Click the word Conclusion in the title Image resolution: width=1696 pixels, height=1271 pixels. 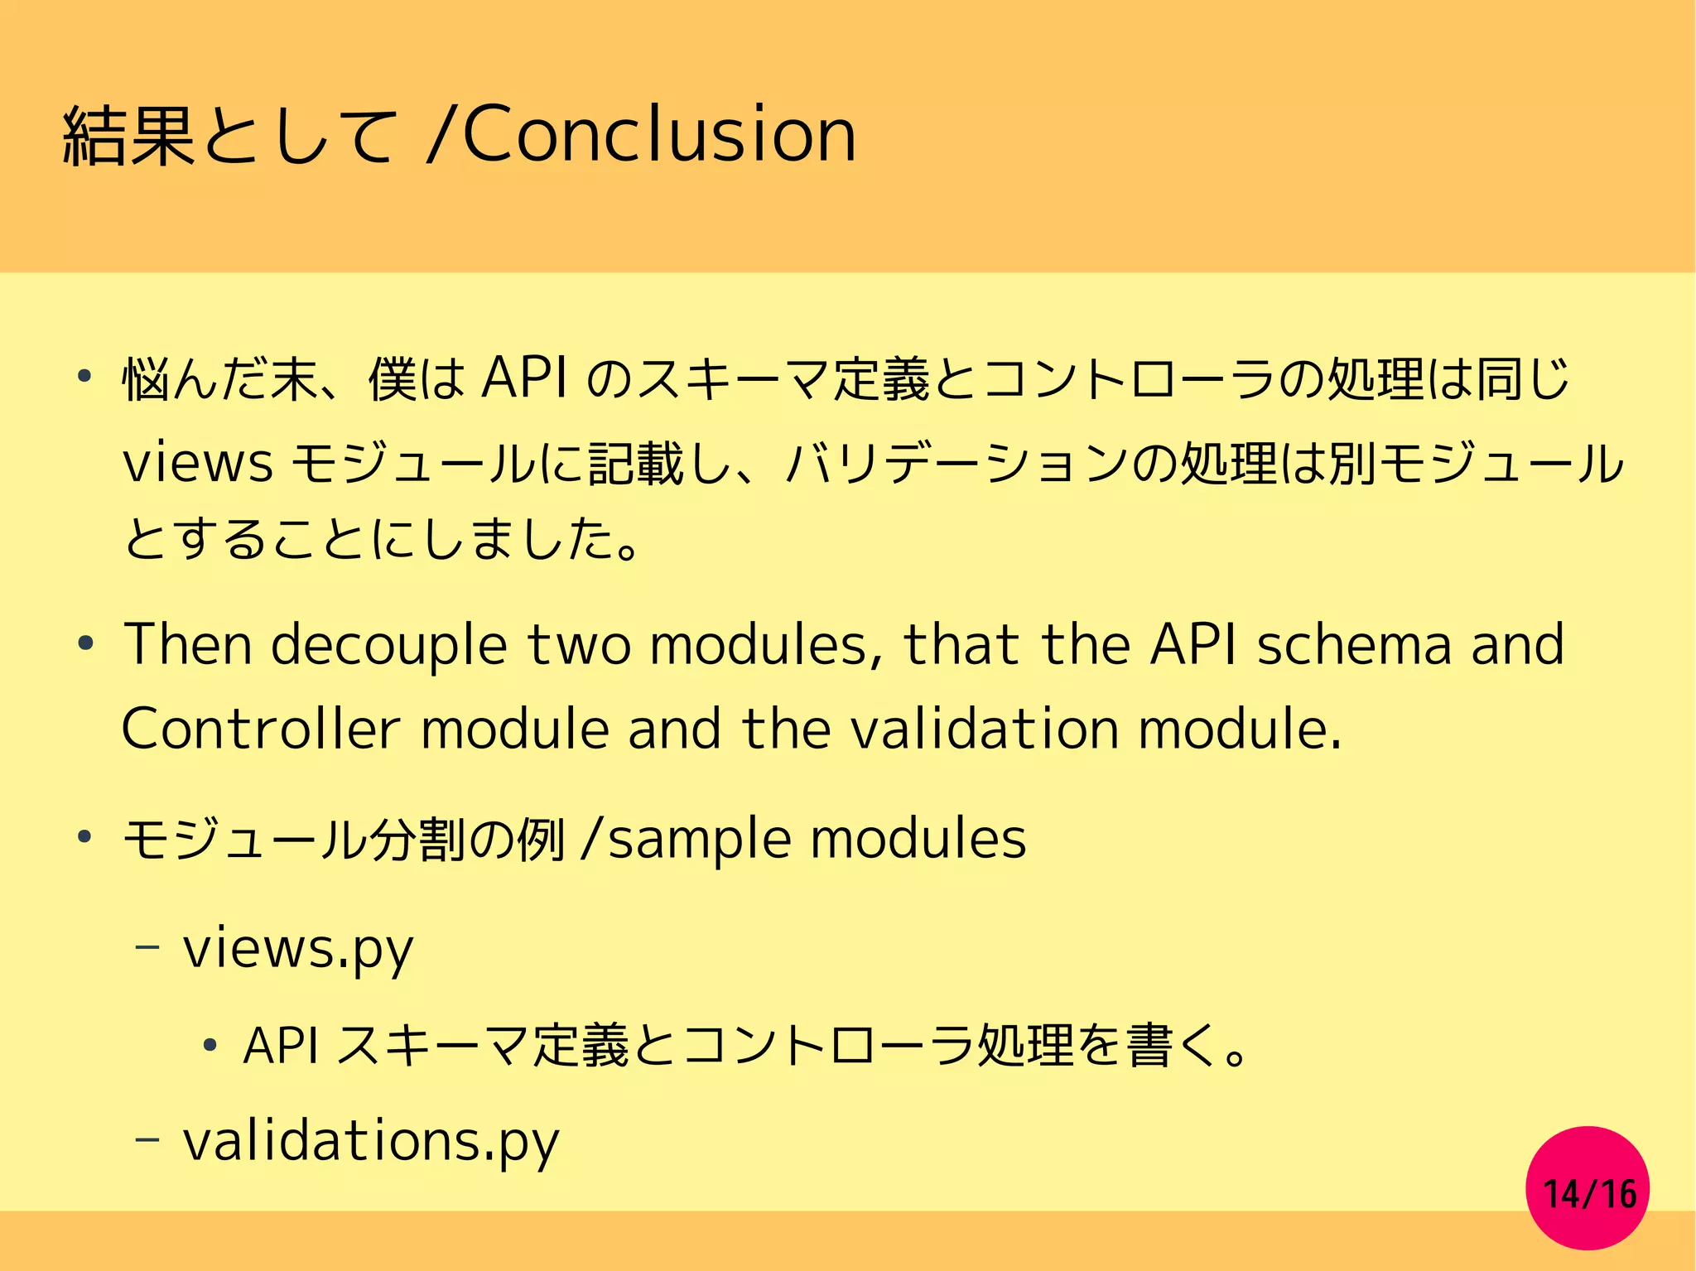pos(658,135)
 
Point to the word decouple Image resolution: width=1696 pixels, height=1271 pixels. pos(388,646)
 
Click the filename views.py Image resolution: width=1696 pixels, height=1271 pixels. pos(298,949)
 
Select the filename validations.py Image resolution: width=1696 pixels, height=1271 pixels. pos(371,1141)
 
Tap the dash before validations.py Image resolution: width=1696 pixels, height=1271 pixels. pos(147,1139)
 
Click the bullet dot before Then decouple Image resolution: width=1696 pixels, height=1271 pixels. pos(84,643)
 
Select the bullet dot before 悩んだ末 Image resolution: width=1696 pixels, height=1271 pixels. pos(84,378)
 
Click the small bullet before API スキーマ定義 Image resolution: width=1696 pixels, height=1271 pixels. pos(210,1045)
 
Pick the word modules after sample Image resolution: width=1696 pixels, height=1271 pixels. pos(918,839)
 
